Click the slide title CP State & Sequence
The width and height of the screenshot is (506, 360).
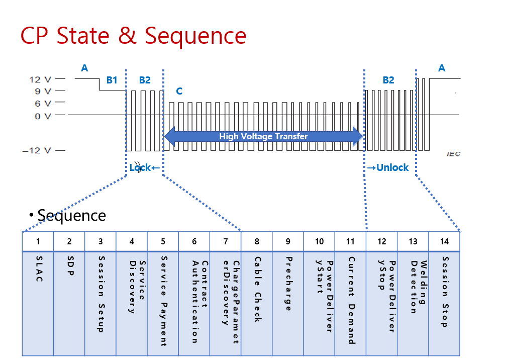point(133,36)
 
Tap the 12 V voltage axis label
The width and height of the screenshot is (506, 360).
point(41,79)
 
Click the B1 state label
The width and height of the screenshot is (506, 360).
point(112,80)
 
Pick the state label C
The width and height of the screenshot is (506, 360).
point(179,92)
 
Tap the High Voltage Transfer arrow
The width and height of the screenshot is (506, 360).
point(263,136)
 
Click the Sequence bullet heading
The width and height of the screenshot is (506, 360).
point(71,215)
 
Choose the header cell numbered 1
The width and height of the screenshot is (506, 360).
point(38,241)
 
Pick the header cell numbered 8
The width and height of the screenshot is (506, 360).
point(257,241)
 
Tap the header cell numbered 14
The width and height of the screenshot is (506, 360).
point(444,241)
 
